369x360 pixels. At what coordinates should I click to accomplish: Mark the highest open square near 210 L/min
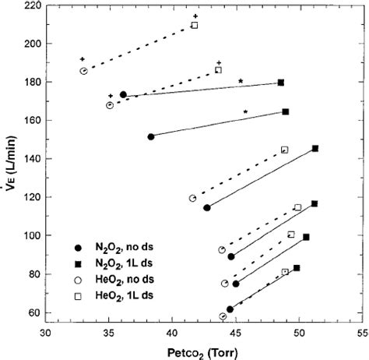195,25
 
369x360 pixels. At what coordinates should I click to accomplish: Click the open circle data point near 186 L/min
83,71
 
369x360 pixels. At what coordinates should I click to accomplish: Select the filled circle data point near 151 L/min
150,136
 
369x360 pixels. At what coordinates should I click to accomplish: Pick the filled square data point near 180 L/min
281,82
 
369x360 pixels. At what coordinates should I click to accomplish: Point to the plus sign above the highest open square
195,16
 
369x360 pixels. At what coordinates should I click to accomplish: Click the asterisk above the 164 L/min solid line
245,112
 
